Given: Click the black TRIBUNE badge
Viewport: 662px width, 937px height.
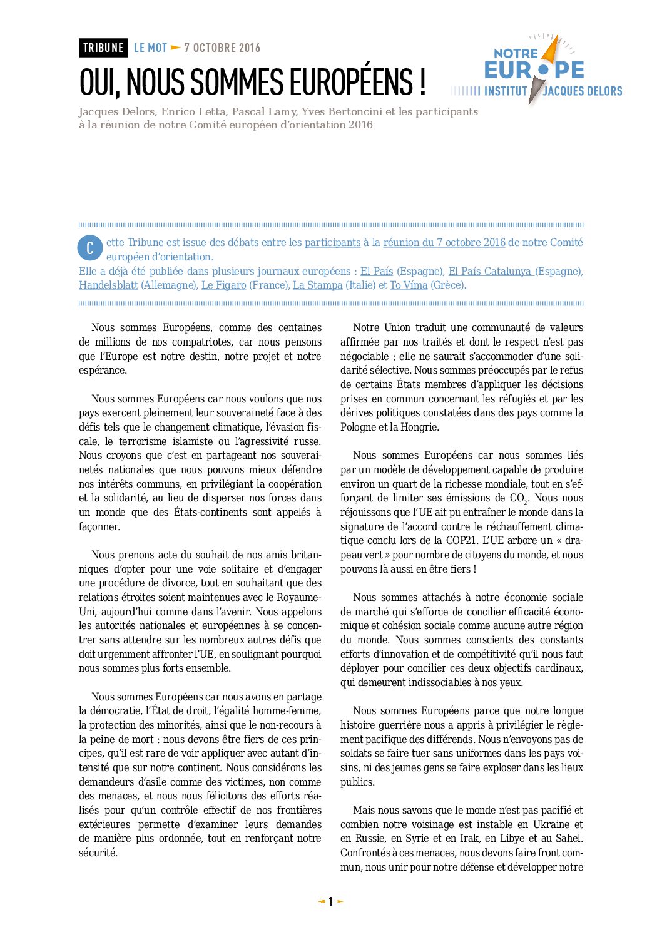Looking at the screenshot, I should pos(103,48).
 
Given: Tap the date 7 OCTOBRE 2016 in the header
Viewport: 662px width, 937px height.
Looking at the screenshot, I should pos(222,48).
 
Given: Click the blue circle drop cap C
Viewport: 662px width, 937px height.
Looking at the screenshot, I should pos(90,248).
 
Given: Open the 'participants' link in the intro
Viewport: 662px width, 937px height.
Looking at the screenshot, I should pos(332,243).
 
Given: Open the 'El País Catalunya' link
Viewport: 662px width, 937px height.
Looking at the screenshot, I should pos(490,271).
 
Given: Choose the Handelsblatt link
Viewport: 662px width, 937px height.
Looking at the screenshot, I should pos(108,285).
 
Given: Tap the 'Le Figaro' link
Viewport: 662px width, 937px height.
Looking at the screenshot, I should pos(224,285).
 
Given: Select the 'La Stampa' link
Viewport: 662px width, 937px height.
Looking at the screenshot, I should pos(318,285).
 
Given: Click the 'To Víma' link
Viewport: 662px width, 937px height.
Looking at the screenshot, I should pos(409,285).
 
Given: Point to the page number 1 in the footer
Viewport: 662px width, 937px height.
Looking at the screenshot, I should pos(330,902).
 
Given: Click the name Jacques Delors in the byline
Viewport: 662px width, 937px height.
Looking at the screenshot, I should pos(117,112).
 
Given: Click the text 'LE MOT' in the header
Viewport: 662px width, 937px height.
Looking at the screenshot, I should pos(151,48).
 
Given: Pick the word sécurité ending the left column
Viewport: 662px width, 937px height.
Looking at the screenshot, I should pos(98,853).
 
